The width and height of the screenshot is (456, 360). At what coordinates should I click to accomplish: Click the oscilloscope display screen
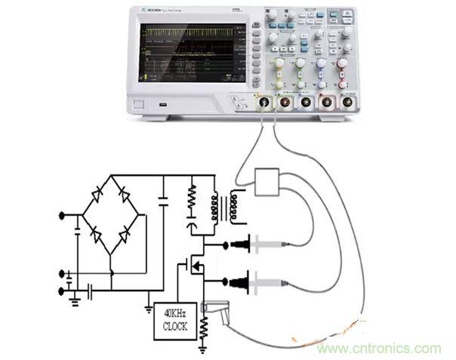[192, 52]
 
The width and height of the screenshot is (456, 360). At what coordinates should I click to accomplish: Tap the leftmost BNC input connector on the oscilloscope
[264, 101]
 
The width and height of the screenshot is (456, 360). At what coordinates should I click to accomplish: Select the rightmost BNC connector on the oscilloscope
[347, 101]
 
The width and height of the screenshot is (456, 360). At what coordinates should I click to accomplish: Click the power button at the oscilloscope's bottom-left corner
[139, 105]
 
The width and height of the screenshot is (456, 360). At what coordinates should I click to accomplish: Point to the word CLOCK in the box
[176, 325]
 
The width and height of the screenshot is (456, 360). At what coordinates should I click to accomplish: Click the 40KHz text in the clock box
[176, 313]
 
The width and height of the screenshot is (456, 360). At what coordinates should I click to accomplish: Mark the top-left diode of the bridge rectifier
[97, 195]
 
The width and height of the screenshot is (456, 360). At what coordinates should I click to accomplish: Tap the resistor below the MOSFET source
[203, 325]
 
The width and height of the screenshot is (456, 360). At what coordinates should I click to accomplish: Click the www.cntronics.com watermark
[378, 348]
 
